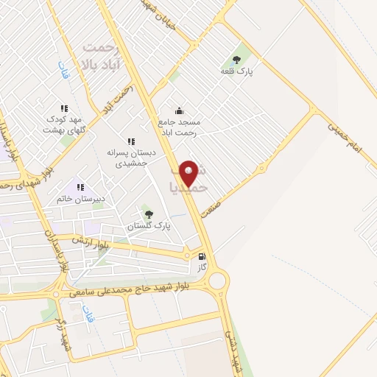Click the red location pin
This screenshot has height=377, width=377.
[189, 172]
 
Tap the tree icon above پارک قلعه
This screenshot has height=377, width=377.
[236, 60]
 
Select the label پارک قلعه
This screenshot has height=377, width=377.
[236, 71]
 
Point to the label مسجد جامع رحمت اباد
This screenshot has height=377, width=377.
[179, 126]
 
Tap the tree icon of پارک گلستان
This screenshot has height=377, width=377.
[149, 215]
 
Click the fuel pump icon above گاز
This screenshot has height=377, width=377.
[202, 258]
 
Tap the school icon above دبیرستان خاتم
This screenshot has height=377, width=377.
[80, 187]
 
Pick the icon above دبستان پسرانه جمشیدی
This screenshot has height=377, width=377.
[131, 141]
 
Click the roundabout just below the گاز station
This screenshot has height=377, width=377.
[217, 281]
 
